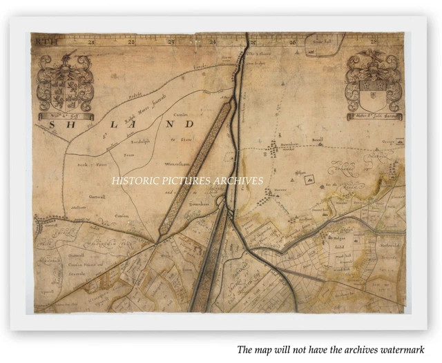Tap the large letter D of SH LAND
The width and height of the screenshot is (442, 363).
pyautogui.click(x=190, y=124)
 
